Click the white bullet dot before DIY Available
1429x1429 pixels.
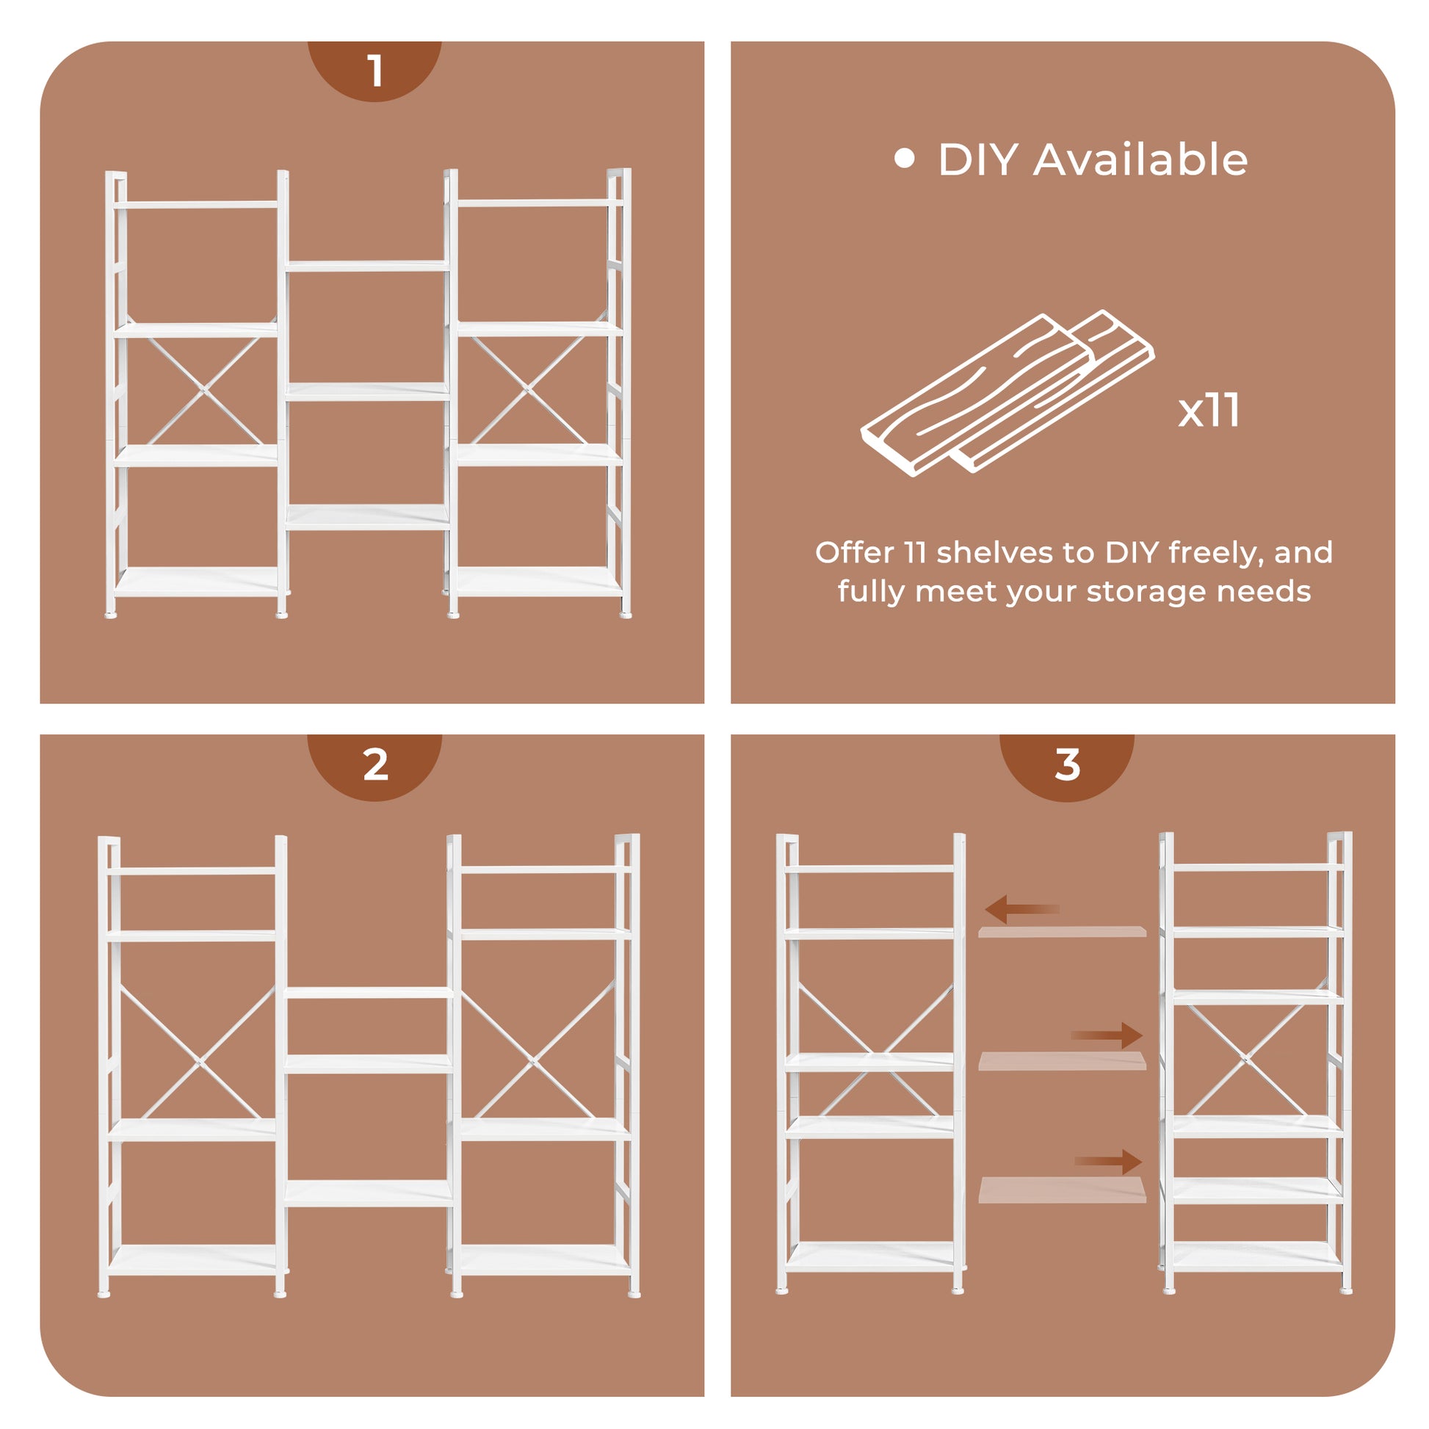click(905, 159)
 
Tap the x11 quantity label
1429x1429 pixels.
click(1209, 410)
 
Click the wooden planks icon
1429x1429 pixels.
click(1007, 393)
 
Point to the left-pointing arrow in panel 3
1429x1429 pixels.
click(1022, 909)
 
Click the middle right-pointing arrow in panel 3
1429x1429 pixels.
click(1107, 1035)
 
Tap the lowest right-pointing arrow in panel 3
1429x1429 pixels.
click(1108, 1162)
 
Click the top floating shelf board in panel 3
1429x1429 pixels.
click(1062, 932)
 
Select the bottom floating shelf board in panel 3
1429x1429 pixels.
click(1062, 1190)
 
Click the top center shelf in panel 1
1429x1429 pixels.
click(368, 266)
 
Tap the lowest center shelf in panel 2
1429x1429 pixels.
click(369, 1194)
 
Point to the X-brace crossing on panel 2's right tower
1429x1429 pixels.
click(534, 1063)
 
